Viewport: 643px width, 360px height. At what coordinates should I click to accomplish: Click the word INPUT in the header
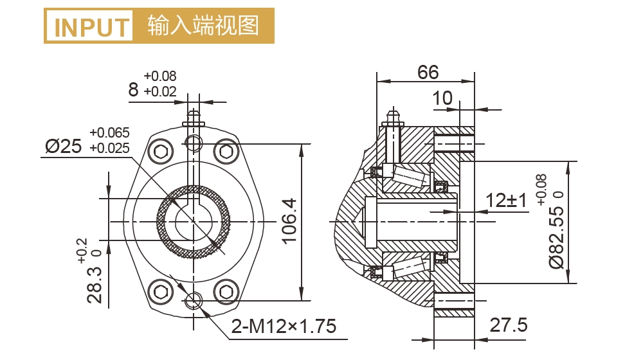(91, 26)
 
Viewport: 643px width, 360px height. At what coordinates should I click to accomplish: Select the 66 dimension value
(428, 72)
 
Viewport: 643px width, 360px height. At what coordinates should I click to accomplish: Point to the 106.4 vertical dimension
(290, 221)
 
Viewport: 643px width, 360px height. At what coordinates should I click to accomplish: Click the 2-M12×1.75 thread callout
(284, 327)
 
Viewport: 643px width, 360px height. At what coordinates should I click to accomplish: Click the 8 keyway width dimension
(133, 89)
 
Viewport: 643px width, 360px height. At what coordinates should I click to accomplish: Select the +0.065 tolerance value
(110, 133)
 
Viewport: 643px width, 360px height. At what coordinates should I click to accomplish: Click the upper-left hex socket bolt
(159, 152)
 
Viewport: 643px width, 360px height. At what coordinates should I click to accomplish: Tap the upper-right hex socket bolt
(226, 152)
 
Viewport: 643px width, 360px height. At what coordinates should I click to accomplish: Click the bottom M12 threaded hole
(193, 300)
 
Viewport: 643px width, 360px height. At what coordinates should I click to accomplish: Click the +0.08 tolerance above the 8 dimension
(160, 76)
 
